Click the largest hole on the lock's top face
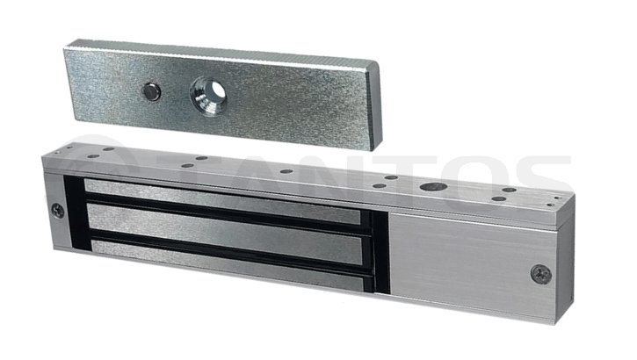pyautogui.click(x=431, y=187)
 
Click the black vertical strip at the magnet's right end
pyautogui.click(x=380, y=246)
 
